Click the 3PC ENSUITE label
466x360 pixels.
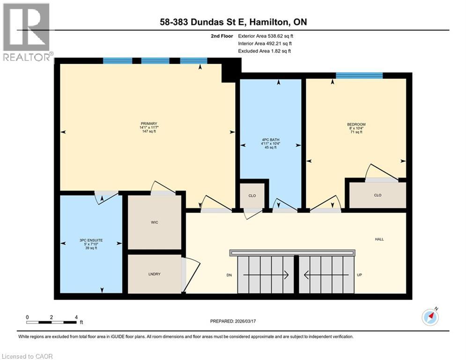click(x=91, y=240)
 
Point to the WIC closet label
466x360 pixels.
click(x=155, y=222)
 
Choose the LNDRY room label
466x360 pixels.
click(x=155, y=274)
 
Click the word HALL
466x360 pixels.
click(x=379, y=239)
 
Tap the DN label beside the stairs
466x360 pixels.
click(x=229, y=275)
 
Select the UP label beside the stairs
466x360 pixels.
click(x=360, y=275)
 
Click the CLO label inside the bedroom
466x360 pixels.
click(x=377, y=195)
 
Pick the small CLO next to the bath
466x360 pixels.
click(x=252, y=195)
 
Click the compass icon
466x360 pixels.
click(x=430, y=317)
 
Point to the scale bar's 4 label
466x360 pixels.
click(x=76, y=317)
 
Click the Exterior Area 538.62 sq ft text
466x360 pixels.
click(x=266, y=36)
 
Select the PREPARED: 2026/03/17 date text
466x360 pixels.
click(x=232, y=321)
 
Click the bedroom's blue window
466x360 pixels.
click(x=359, y=75)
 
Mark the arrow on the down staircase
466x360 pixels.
click(x=265, y=275)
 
